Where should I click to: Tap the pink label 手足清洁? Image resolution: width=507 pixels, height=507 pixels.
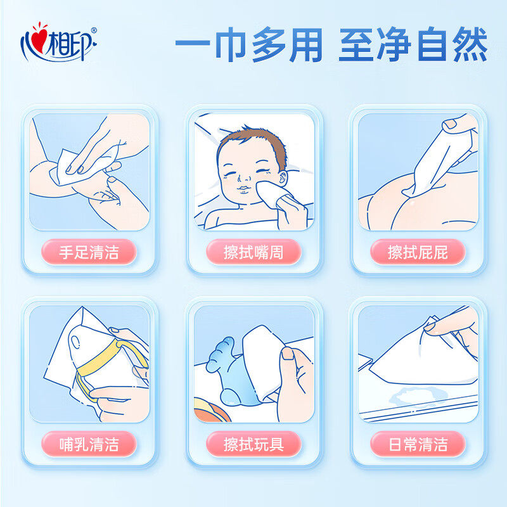point(89,252)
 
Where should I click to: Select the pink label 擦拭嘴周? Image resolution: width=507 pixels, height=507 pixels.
point(253,252)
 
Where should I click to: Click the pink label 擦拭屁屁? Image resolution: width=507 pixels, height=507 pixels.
point(418,252)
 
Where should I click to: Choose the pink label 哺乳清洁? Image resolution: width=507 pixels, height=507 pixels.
point(89,444)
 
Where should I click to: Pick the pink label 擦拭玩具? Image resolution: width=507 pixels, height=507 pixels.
point(253,444)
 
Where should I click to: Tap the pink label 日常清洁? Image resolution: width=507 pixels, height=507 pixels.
point(418,444)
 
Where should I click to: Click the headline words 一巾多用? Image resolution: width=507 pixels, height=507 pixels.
point(250,46)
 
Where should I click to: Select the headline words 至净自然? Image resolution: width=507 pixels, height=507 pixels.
point(413,46)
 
